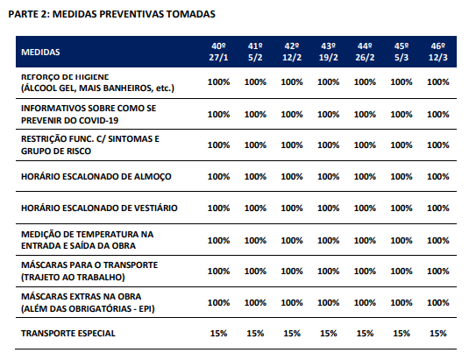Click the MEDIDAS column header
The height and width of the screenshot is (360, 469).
(40, 52)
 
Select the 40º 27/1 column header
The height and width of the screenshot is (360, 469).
(218, 52)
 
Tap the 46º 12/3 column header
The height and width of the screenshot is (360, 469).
(438, 52)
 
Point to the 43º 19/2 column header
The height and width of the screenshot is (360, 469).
(328, 52)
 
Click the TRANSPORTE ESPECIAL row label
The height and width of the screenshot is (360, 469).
(68, 333)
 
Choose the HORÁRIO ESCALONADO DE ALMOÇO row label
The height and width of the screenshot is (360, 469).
(96, 177)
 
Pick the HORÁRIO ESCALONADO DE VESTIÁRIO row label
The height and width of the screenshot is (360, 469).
(99, 208)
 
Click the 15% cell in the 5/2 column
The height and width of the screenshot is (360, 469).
(255, 333)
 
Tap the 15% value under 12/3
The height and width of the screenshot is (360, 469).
(438, 333)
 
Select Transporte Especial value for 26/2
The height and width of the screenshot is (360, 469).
(365, 333)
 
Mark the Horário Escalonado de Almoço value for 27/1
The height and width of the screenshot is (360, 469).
(218, 177)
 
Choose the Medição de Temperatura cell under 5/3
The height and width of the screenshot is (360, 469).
(401, 241)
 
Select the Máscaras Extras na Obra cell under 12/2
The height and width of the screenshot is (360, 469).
(292, 303)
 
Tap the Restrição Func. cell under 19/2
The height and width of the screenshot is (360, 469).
(328, 145)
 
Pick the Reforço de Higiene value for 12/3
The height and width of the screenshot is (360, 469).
(438, 81)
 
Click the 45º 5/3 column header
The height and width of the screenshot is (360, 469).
(401, 52)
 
